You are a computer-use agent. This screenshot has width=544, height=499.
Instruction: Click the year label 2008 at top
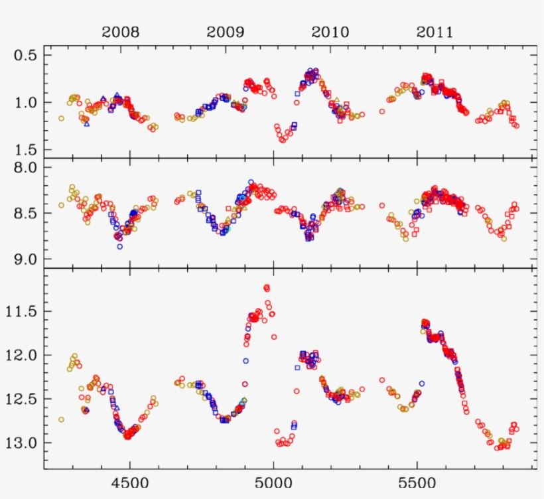[x=120, y=32]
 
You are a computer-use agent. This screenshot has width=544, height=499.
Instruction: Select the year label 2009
[x=225, y=32]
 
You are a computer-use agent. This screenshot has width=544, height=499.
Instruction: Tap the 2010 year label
[x=330, y=32]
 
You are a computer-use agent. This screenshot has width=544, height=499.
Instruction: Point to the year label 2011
[x=435, y=32]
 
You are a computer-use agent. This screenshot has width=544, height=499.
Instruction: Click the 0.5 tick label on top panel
[x=26, y=55]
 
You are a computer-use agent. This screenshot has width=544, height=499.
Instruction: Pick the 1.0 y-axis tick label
[x=26, y=102]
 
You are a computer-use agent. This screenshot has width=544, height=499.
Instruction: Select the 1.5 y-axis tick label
[x=26, y=150]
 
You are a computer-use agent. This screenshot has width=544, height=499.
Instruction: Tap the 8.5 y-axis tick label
[x=26, y=213]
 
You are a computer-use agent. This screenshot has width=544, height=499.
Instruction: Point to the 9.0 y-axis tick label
[x=26, y=259]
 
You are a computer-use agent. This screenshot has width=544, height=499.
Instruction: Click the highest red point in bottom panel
[x=267, y=287]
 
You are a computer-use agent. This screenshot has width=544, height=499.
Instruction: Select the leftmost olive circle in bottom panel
[x=61, y=419]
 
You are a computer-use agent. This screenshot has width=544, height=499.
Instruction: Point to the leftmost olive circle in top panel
[x=61, y=118]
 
